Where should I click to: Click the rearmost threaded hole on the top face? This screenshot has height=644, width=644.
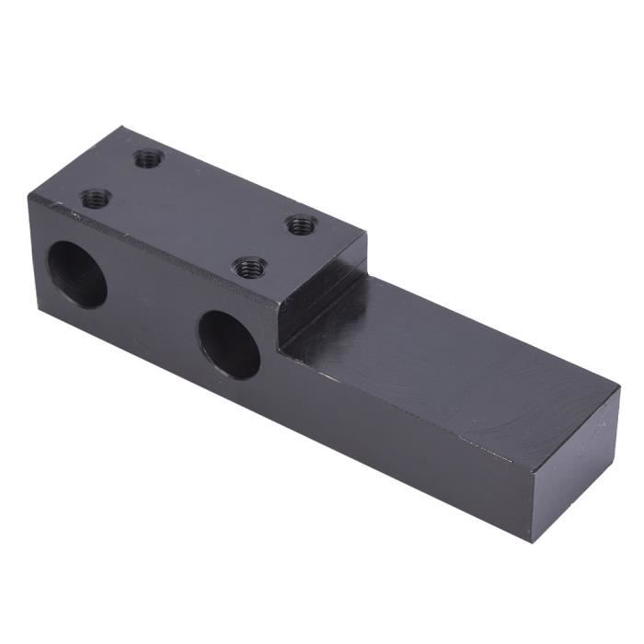coord(147,158)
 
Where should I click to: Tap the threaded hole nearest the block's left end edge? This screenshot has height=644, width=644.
coord(96,197)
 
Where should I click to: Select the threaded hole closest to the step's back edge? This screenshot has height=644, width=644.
coord(301,224)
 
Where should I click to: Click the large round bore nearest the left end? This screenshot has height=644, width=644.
coord(77,274)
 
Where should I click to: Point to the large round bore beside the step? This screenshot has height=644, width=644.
coord(229,344)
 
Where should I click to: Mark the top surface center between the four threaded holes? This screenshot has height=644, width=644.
coord(198,212)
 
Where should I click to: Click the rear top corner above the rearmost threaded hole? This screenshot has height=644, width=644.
coord(122,129)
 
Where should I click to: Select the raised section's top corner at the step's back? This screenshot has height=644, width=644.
coord(366,234)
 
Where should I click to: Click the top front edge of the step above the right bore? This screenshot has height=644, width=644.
coord(276,304)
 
